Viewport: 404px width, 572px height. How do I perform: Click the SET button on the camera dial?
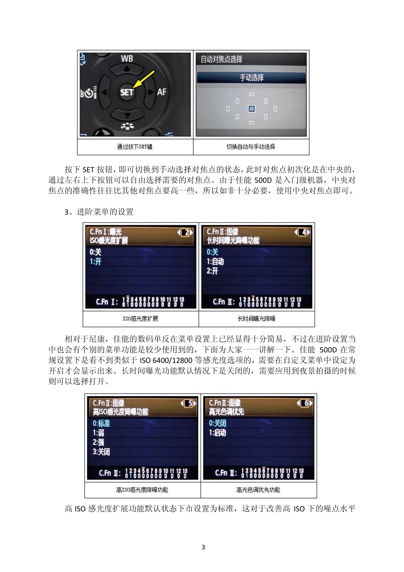coord(127,92)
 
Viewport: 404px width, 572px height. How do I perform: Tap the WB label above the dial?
coord(127,58)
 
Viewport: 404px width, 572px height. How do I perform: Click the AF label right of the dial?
coord(162,92)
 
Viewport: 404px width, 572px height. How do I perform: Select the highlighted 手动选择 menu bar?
coord(251,77)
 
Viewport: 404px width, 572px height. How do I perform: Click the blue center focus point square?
coord(251,109)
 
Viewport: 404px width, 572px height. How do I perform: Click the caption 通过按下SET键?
coord(135,147)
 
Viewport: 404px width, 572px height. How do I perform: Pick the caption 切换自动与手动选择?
coord(251,147)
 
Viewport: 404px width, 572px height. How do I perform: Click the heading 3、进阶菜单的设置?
coord(99,212)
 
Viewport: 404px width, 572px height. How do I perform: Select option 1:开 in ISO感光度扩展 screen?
coord(96,262)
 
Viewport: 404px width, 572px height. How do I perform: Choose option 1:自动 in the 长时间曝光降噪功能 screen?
coord(215,262)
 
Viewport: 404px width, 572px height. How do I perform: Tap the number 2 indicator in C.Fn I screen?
coord(185,232)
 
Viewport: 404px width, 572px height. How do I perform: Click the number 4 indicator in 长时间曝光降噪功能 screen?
coord(303,232)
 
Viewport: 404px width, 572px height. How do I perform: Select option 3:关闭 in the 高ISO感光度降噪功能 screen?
coord(101,452)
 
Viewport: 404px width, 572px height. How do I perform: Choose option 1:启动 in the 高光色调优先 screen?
coord(217,433)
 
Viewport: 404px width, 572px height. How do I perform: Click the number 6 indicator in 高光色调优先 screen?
coord(305,403)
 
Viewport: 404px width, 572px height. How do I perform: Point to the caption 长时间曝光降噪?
coord(256,319)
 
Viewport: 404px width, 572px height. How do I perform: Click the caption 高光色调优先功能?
coord(258,490)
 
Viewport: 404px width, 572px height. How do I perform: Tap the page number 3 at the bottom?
coord(203,547)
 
